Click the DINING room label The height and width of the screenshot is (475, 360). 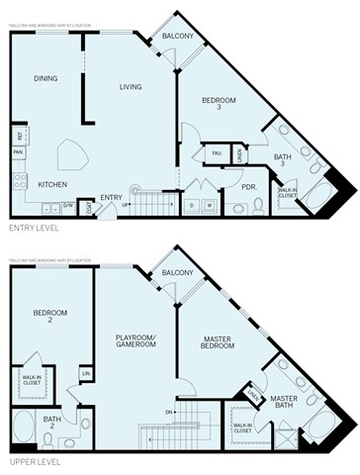(45, 79)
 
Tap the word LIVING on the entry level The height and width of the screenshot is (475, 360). (132, 86)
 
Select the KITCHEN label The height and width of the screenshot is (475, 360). (52, 184)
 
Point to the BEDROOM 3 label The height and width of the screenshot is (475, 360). (219, 104)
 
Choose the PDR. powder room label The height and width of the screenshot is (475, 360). (249, 185)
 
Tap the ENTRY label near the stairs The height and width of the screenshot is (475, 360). (111, 197)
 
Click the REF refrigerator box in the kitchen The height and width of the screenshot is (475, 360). (19, 136)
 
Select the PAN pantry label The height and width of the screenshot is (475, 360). (19, 152)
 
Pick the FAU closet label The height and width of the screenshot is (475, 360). (216, 153)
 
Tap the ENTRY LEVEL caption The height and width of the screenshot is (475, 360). (34, 228)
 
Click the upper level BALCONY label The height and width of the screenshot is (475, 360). (177, 273)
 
